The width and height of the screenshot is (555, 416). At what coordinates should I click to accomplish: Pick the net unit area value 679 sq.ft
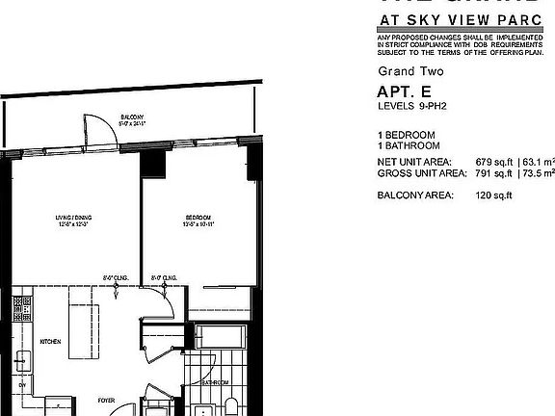pos(494,161)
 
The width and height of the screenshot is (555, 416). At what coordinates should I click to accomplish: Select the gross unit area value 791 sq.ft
pos(494,173)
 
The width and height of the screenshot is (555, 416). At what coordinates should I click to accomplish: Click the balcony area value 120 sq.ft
pos(494,195)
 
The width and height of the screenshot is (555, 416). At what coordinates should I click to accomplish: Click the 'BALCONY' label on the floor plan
pos(120,113)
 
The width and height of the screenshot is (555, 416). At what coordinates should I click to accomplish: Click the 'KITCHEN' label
pos(50,341)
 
